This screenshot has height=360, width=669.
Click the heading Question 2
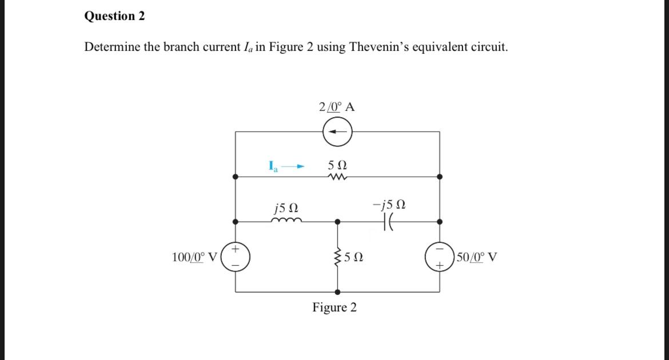114,16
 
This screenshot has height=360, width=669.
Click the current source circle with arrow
337,133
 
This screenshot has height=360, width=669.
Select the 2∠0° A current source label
337,107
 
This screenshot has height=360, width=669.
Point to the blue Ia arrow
293,167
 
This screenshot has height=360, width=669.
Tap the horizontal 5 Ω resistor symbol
337,177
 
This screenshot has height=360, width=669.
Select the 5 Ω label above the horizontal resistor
337,165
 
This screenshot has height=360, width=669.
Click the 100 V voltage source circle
236,256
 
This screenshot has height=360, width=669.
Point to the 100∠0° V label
194,257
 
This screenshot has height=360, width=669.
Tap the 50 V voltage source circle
439,256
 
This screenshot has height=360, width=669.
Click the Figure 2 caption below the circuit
334,307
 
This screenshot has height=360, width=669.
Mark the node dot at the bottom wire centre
337,291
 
